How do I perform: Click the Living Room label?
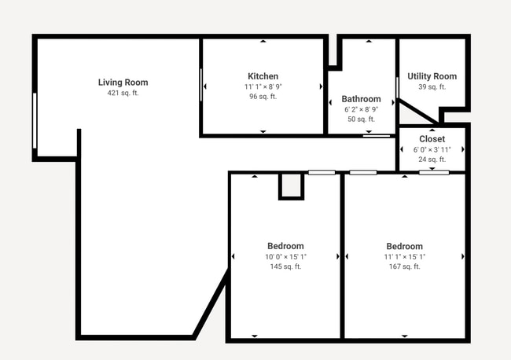(123, 83)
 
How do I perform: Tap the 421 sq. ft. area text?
(123, 94)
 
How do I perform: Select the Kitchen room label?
(263, 76)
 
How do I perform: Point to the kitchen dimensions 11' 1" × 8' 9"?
(263, 86)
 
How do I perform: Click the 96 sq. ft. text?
(263, 97)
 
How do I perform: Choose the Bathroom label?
(361, 99)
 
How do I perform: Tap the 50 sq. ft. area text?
(361, 119)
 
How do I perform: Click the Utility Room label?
(432, 76)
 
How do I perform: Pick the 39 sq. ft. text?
(432, 87)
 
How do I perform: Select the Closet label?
(432, 139)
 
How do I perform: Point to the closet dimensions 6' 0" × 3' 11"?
(432, 149)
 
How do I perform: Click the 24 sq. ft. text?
(432, 160)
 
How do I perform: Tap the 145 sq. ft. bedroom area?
(285, 266)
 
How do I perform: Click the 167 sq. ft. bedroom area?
(404, 266)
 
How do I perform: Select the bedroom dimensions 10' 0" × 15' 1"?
(285, 256)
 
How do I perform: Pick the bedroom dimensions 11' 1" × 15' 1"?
(404, 256)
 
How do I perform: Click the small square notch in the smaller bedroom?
(291, 186)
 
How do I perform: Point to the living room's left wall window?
(35, 120)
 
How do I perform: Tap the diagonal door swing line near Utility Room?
(417, 111)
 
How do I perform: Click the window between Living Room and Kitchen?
(201, 85)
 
